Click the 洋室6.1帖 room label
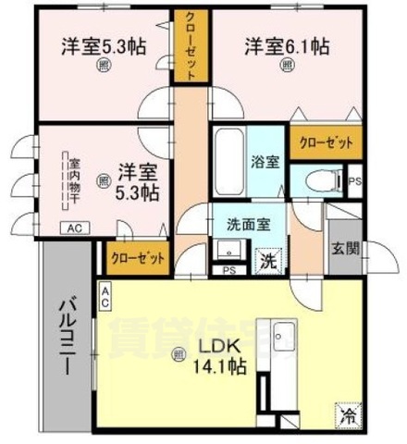[287, 43]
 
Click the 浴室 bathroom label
[265, 162]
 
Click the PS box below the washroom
[228, 270]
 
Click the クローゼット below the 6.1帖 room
[325, 143]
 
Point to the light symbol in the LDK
[179, 351]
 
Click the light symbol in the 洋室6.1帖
[287, 66]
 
